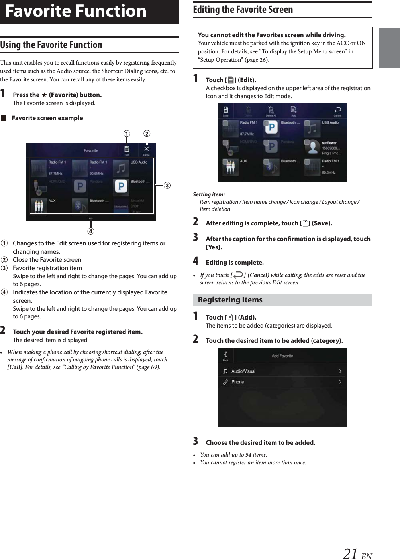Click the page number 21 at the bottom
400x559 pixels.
(x=350, y=553)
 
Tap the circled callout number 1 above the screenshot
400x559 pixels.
(x=127, y=134)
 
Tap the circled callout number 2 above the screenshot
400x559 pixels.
(x=147, y=134)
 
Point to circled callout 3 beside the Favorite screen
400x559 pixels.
(x=167, y=185)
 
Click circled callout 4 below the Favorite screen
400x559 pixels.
(x=91, y=231)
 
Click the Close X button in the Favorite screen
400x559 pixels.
(x=146, y=150)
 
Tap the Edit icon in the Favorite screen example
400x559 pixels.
(x=127, y=150)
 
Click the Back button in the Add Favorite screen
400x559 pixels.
(x=225, y=356)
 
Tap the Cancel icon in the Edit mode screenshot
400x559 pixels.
(x=337, y=111)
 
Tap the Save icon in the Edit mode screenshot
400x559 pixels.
(x=225, y=111)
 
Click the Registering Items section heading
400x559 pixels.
(x=230, y=300)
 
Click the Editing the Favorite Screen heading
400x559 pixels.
(x=243, y=10)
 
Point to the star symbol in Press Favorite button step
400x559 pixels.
(x=44, y=95)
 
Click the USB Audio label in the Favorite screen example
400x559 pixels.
(x=139, y=162)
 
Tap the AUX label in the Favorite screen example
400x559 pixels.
(x=52, y=201)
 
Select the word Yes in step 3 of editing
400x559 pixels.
(x=214, y=247)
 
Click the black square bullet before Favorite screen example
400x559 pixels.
(x=4, y=118)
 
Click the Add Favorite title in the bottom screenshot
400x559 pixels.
(x=282, y=356)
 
